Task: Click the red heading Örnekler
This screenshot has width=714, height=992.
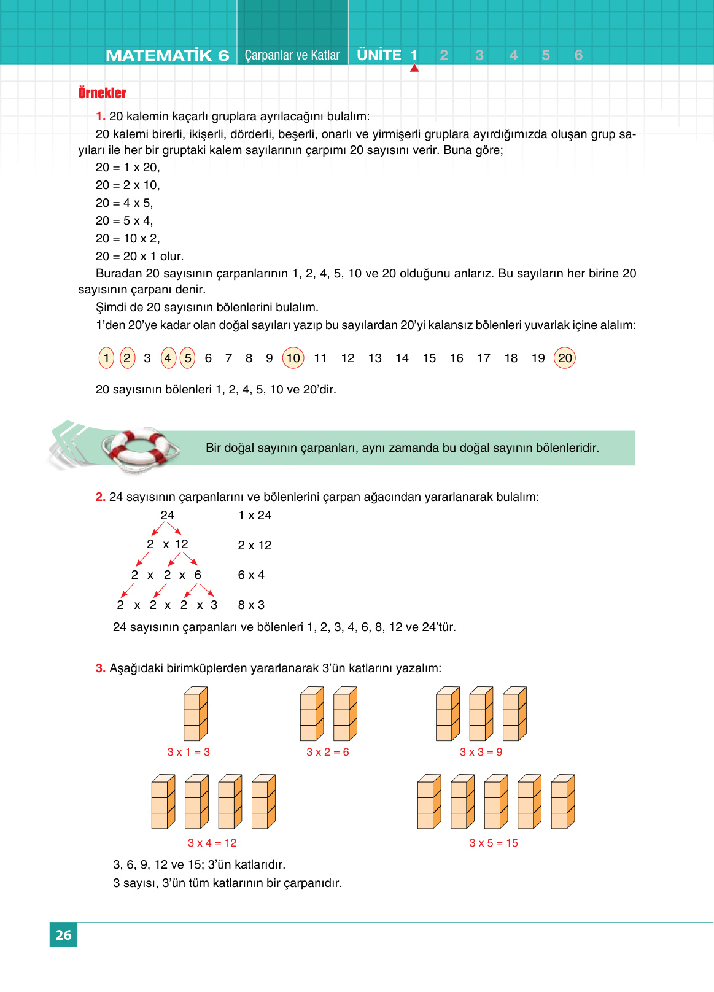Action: click(102, 93)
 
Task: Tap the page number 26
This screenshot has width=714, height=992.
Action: click(63, 935)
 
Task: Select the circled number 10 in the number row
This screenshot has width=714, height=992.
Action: click(293, 358)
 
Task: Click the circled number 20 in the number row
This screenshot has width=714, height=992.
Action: click(565, 358)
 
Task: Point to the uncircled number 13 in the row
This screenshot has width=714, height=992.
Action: click(375, 358)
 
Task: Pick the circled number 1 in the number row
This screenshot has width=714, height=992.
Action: click(106, 358)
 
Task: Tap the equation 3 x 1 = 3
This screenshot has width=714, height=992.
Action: click(188, 752)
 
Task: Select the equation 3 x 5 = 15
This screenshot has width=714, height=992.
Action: click(494, 843)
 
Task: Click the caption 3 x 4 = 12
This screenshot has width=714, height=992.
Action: click(212, 843)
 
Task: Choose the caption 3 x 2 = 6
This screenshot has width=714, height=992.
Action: click(328, 752)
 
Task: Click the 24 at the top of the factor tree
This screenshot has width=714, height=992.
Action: click(167, 515)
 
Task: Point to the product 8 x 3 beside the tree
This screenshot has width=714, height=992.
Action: click(251, 605)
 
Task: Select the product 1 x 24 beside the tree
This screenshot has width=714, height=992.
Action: click(255, 515)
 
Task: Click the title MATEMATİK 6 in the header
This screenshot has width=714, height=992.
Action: click(167, 55)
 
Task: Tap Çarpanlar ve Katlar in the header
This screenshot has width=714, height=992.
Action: click(292, 55)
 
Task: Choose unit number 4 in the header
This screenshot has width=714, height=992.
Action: click(514, 55)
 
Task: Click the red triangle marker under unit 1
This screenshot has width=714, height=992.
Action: click(414, 68)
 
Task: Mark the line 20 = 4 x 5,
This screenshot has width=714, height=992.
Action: click(125, 203)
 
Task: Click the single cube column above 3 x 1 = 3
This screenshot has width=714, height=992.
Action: click(195, 713)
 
